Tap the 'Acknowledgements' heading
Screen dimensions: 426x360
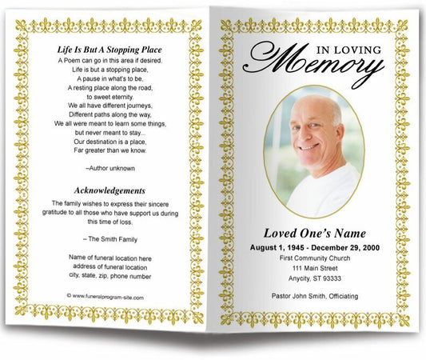click(x=109, y=190)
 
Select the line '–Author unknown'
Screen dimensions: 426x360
click(x=109, y=168)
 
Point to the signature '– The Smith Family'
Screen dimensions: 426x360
click(x=109, y=238)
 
